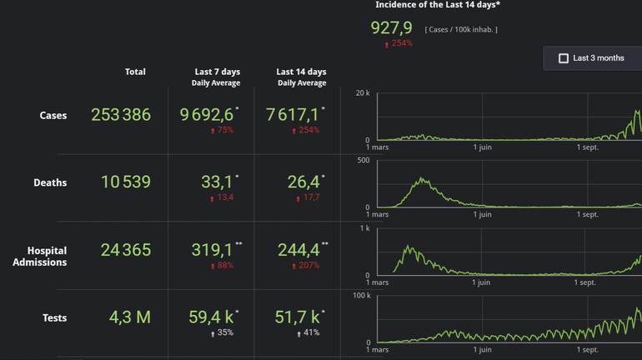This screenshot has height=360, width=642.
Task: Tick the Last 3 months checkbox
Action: click(564, 58)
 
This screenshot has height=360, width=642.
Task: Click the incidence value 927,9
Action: click(391, 28)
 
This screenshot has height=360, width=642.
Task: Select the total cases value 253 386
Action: click(121, 115)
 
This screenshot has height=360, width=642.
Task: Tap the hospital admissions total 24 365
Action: click(126, 250)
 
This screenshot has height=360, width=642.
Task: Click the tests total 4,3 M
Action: click(130, 317)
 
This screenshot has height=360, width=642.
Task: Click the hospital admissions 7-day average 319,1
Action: click(212, 250)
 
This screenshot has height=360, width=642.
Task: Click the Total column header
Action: click(135, 72)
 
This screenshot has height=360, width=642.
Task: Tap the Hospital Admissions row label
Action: click(40, 257)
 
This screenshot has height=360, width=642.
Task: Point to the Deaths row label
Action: click(50, 182)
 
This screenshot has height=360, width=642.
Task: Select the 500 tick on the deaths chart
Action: click(363, 160)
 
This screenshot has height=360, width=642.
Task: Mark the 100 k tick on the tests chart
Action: click(361, 295)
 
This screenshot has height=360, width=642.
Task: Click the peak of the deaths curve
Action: click(423, 178)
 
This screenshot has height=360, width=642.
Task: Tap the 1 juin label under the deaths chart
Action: click(482, 215)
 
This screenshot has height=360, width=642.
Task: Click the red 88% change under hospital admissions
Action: click(225, 266)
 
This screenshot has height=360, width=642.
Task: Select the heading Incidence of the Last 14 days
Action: click(438, 5)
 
